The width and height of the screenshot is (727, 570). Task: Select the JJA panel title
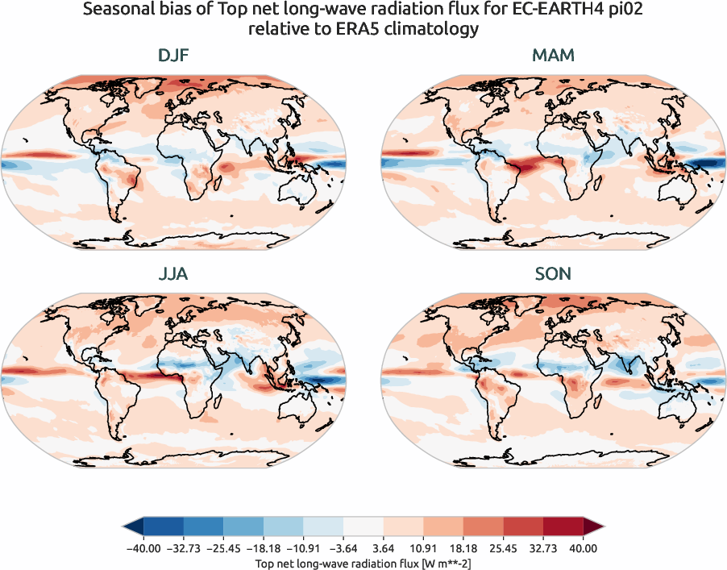[173, 274]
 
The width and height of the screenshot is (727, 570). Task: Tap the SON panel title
[553, 274]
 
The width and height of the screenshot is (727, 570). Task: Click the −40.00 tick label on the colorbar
[143, 548]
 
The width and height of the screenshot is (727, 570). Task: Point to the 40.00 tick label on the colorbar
[583, 548]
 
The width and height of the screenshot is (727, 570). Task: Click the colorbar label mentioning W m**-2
[363, 561]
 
